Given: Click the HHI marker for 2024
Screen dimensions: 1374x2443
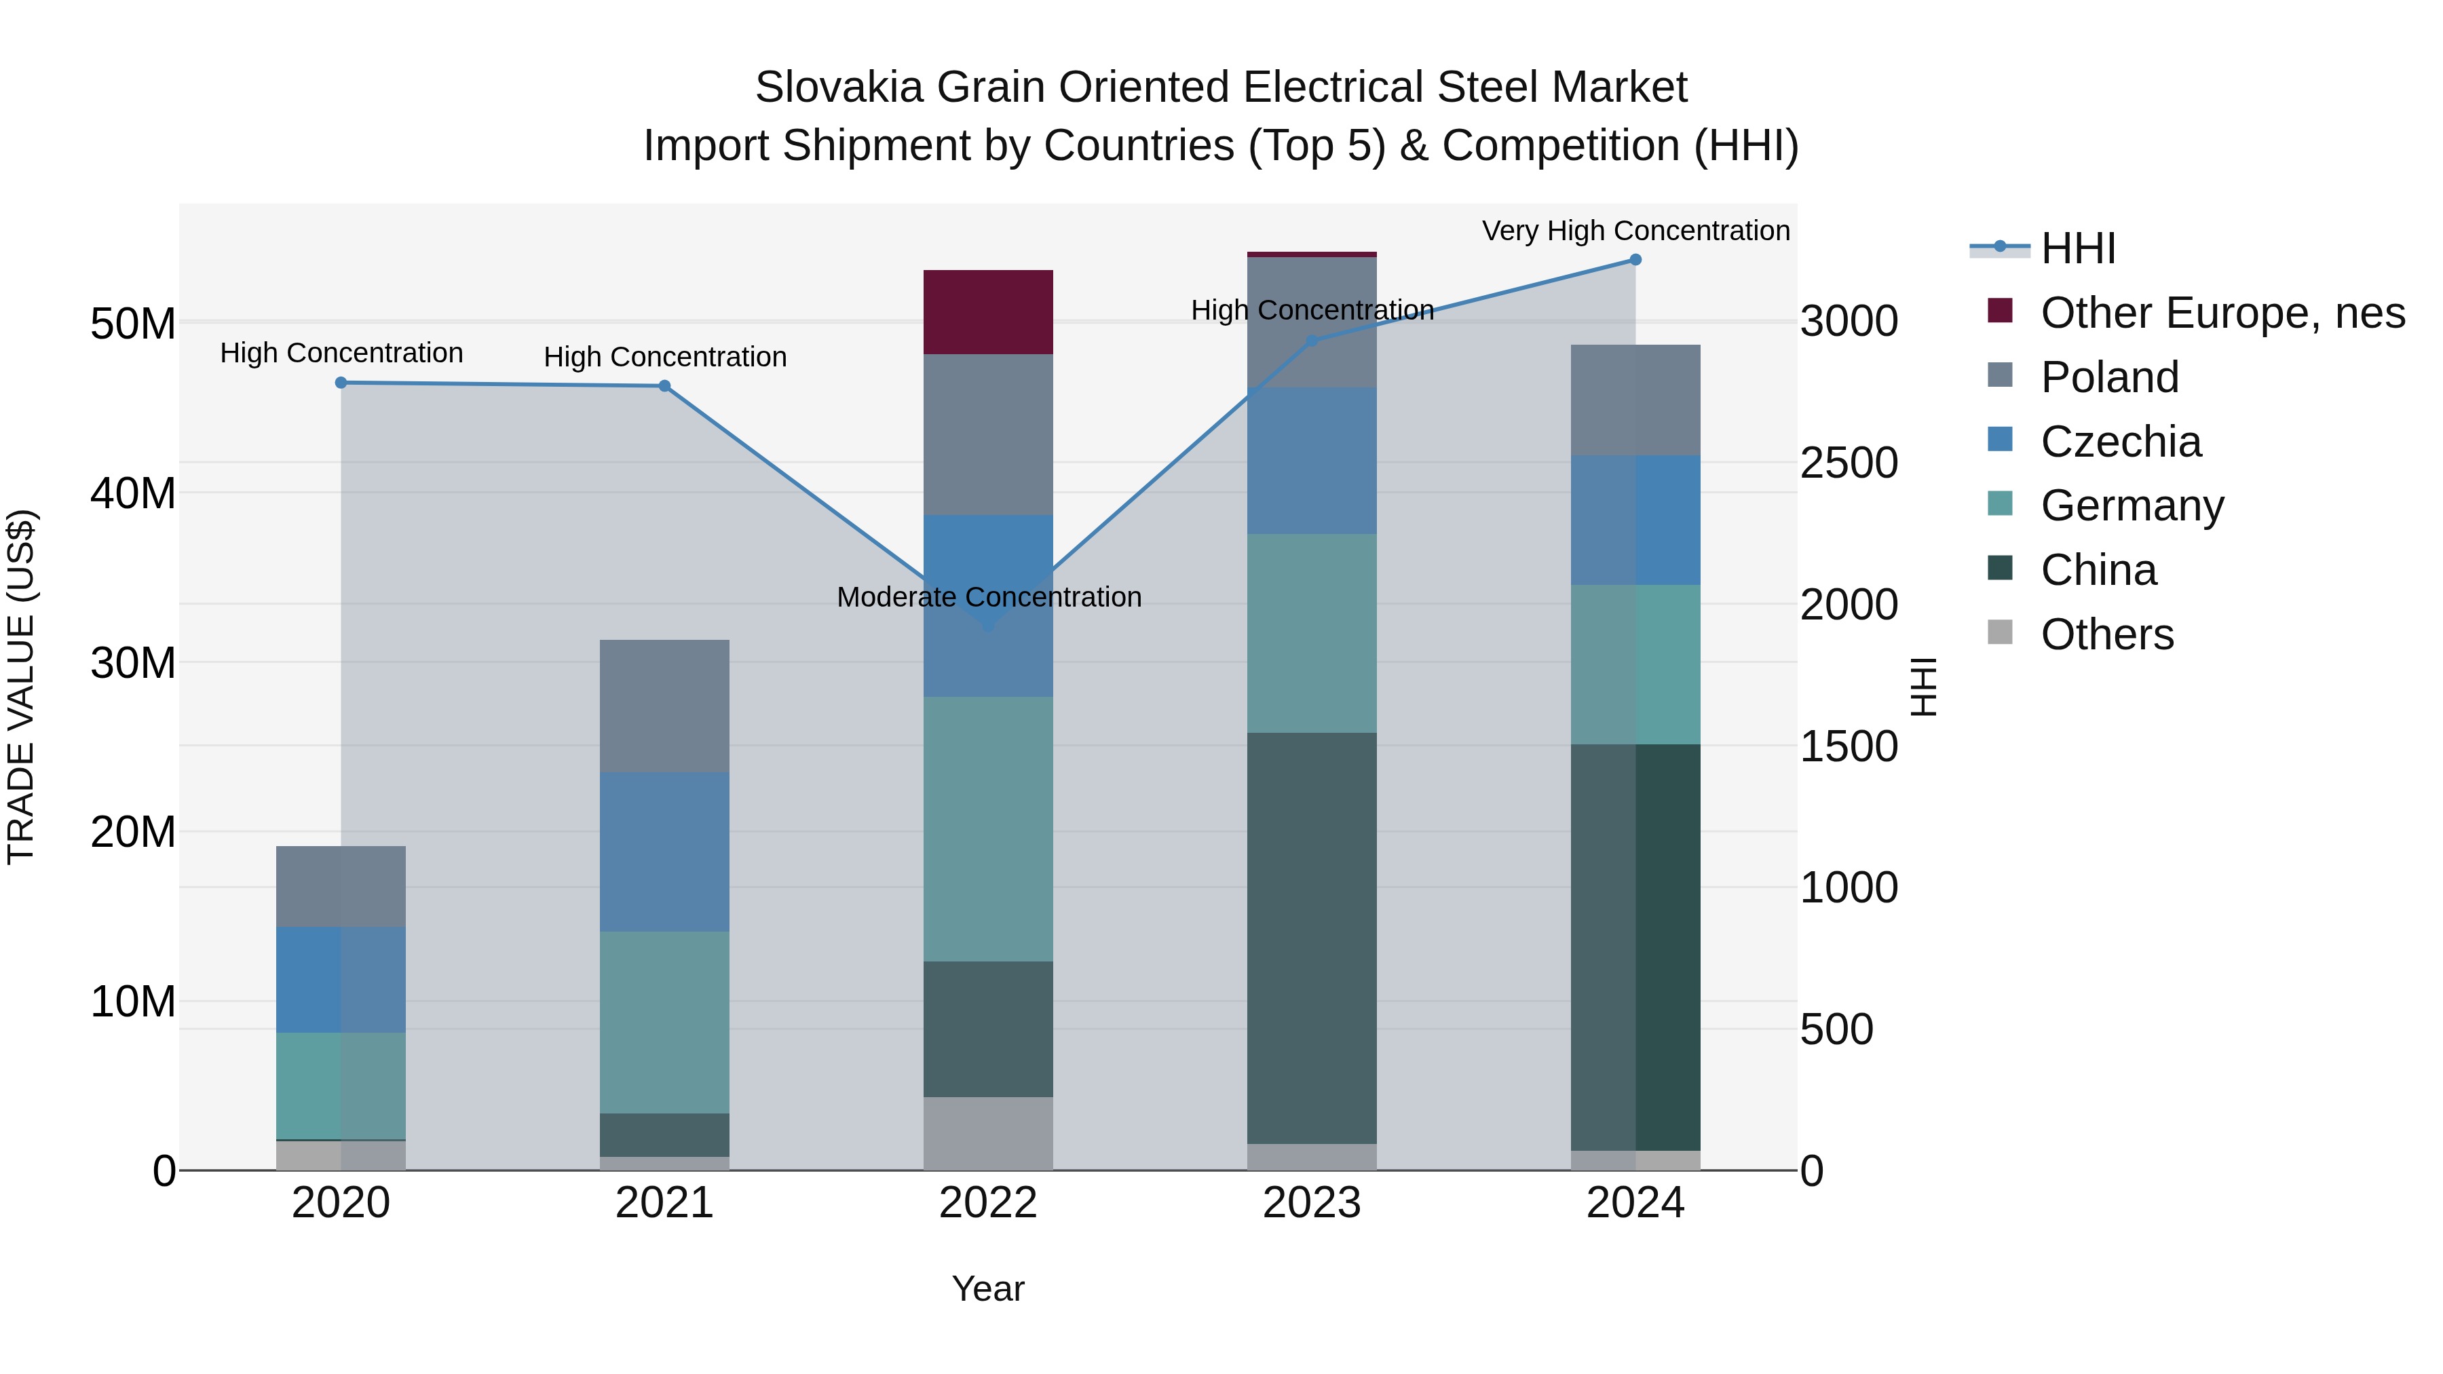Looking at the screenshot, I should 1635,260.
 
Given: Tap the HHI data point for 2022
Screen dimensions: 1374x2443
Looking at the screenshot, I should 988,626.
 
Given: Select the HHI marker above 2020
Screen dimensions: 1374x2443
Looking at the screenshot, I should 341,383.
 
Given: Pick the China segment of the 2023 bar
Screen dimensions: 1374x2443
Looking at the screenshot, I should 1312,939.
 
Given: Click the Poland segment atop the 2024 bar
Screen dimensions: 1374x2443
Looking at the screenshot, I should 1635,400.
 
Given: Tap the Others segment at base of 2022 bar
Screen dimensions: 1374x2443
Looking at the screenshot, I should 988,1134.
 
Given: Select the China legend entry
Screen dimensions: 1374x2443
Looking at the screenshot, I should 2098,571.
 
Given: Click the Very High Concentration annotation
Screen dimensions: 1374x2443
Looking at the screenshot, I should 1635,231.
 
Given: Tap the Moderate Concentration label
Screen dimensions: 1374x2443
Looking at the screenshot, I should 988,597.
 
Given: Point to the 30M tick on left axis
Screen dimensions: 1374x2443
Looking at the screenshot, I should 133,663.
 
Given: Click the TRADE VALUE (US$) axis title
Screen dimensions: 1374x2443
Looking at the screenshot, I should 21,687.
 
